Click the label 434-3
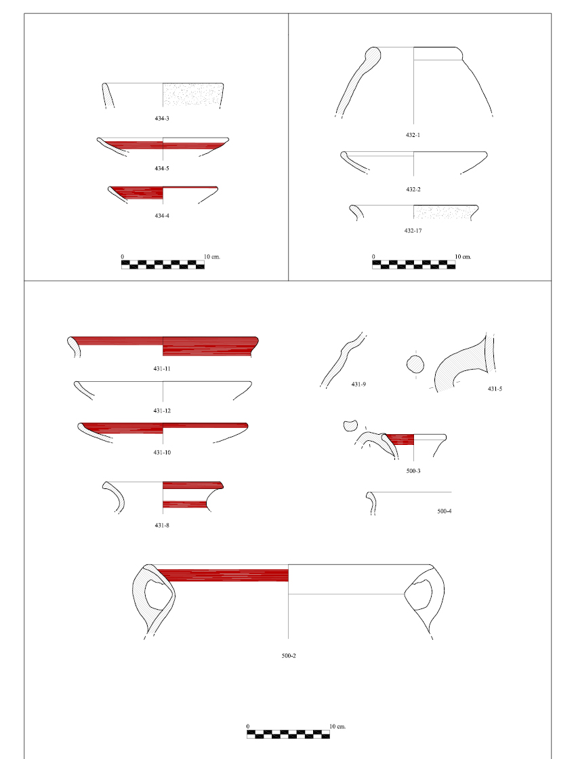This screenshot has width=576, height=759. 161,119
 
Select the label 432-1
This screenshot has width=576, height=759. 413,135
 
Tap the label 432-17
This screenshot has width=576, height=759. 413,231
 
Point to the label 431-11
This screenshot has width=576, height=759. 161,369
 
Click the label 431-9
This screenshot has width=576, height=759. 358,385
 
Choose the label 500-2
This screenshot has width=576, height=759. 289,656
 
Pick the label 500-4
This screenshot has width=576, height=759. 445,511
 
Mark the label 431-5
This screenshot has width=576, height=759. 495,389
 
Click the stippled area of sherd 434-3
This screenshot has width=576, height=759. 192,94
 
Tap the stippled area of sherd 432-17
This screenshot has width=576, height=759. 445,212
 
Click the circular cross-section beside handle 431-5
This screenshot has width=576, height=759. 415,364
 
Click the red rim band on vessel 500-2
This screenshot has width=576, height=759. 222,576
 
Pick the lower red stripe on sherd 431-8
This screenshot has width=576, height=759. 185,505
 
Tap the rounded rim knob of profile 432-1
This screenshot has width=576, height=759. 372,55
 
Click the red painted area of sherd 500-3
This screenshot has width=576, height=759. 400,440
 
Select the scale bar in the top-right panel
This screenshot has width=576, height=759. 413,265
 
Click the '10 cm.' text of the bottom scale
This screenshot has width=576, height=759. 337,726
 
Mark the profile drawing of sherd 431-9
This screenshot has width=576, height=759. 342,360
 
